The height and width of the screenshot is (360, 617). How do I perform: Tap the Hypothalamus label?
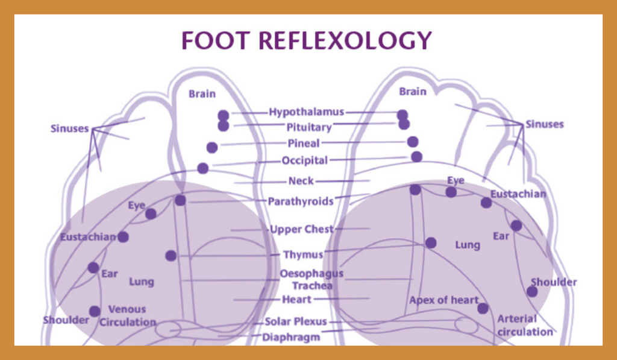pos(307,112)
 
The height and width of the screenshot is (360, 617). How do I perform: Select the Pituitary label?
pos(309,128)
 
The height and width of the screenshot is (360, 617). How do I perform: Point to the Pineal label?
pos(304,144)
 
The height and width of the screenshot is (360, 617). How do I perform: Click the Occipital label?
pos(305,161)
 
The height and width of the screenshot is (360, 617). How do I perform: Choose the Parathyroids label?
pos(301,201)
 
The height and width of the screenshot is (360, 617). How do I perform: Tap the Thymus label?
pos(303,255)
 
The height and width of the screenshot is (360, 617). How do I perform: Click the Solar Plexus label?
pos(296,322)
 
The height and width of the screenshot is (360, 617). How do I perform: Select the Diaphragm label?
pos(291,337)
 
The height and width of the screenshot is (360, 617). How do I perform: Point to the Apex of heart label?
pos(443,300)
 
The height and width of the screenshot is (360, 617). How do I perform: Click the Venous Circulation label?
pos(127,315)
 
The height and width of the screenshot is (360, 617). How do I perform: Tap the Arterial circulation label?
pos(525,325)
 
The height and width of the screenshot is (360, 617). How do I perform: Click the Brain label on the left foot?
pos(202,94)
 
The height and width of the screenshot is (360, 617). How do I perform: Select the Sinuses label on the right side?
pos(545,124)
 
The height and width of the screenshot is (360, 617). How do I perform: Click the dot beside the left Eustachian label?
pos(123,237)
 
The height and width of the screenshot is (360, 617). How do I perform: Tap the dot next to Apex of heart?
pos(483,309)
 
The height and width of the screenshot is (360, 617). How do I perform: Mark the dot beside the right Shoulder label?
pos(532,292)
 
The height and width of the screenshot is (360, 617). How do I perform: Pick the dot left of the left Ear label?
pos(93,267)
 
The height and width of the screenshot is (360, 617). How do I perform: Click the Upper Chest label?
pos(301,229)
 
